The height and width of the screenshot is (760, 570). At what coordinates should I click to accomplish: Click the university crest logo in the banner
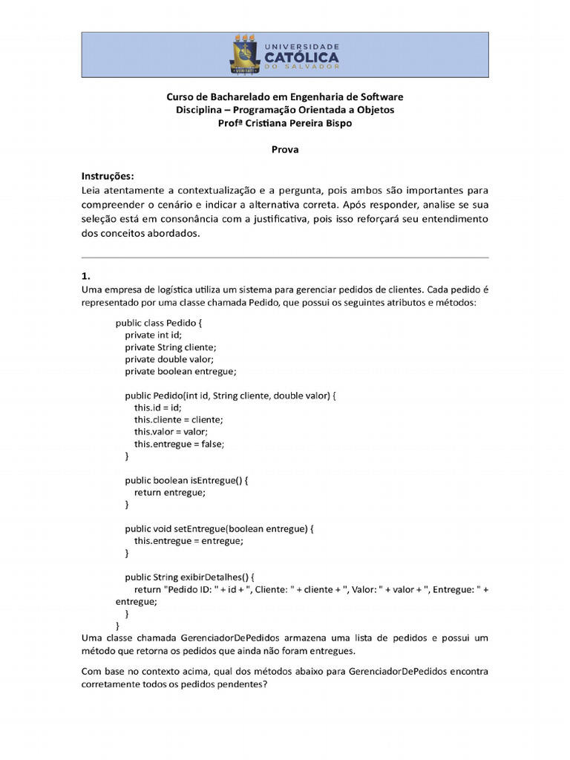pyautogui.click(x=246, y=56)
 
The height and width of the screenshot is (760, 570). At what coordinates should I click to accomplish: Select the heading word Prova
pyautogui.click(x=285, y=150)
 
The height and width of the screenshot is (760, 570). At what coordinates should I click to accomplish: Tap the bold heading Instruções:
pyautogui.click(x=108, y=177)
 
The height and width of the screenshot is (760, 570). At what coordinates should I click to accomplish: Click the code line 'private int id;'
pyautogui.click(x=153, y=335)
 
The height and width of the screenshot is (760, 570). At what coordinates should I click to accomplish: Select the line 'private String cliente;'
pyautogui.click(x=170, y=347)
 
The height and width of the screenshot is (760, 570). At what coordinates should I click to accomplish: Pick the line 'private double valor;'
pyautogui.click(x=169, y=358)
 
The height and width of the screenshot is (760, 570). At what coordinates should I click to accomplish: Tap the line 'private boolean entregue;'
pyautogui.click(x=180, y=371)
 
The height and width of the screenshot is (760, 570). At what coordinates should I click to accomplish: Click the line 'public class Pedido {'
pyautogui.click(x=158, y=323)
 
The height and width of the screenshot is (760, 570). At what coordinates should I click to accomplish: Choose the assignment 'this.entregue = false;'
pyautogui.click(x=179, y=444)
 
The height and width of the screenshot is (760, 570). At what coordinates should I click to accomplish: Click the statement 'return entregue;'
pyautogui.click(x=169, y=492)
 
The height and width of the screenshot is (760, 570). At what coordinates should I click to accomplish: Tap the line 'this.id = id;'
pyautogui.click(x=157, y=407)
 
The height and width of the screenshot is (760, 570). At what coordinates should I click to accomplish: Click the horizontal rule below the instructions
pyautogui.click(x=285, y=258)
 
